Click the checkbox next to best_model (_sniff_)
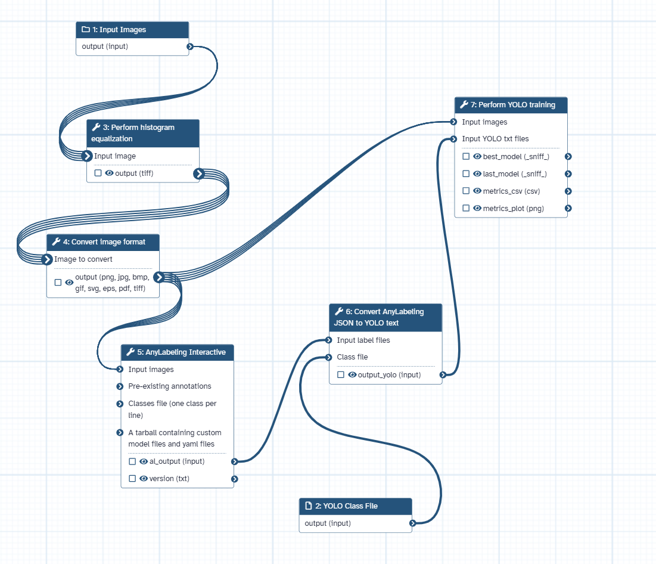click(466, 157)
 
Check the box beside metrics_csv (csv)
click(466, 191)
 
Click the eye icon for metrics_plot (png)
click(477, 209)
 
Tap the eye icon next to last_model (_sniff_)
click(477, 174)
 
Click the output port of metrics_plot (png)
click(568, 209)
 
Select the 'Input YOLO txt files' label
click(495, 139)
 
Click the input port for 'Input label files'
click(328, 340)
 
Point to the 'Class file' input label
click(352, 357)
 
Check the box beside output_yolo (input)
click(341, 375)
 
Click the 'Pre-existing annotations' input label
click(169, 386)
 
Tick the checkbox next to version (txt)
click(132, 479)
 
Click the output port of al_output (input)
click(235, 461)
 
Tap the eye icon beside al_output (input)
click(144, 461)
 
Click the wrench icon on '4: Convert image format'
click(57, 242)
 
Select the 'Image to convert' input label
click(83, 259)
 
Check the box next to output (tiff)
click(98, 173)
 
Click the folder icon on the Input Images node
click(85, 30)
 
